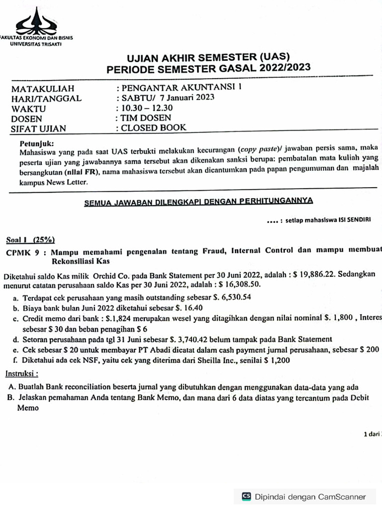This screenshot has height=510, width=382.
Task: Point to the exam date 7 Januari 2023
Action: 187,97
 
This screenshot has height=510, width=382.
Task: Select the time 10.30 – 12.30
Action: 146,108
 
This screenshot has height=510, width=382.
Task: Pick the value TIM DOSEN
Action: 146,118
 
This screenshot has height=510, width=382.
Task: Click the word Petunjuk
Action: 33,144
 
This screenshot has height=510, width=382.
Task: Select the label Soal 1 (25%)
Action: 31,239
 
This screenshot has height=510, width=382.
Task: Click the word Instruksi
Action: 21,373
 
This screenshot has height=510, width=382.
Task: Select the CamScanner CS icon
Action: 246,496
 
